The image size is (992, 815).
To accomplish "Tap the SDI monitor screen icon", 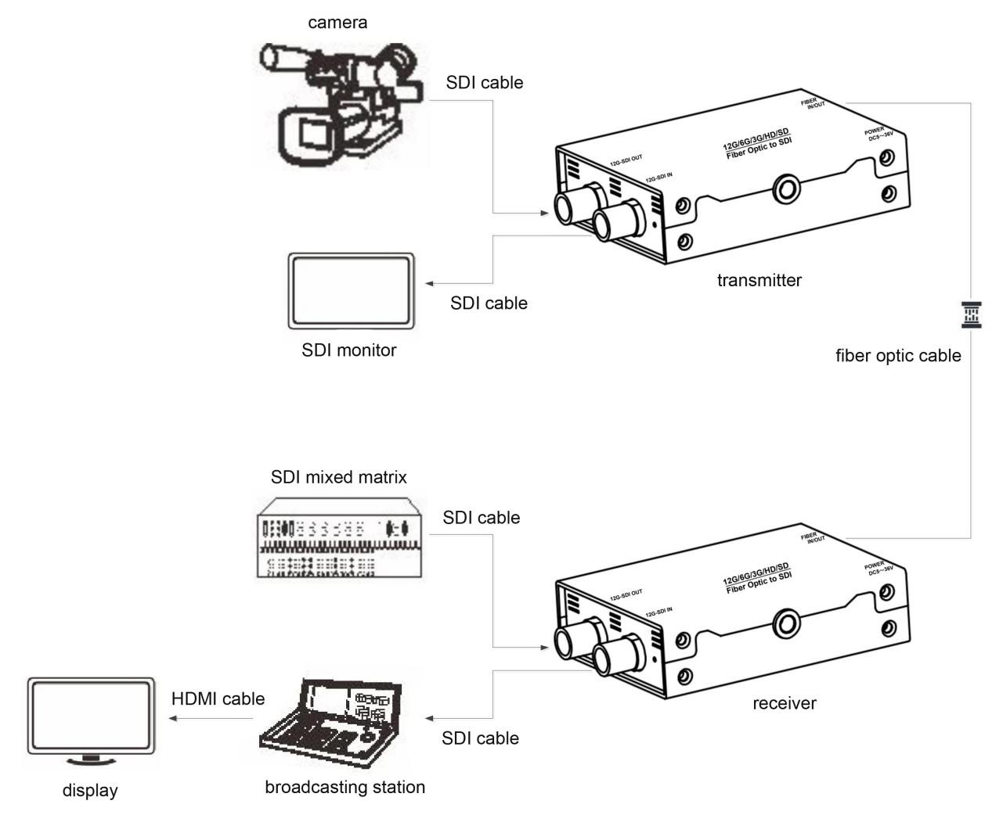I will coord(350,291).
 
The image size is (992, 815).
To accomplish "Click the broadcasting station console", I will coord(338,717).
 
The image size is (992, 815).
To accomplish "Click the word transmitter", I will coord(759,280).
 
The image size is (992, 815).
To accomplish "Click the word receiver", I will coord(784,703).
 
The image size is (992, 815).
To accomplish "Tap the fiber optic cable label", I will coord(898,356).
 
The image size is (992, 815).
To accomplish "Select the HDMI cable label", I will coord(218,698).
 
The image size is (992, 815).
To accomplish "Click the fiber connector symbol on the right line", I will coord(971,314).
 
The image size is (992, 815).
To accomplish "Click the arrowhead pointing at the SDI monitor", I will coord(430,283).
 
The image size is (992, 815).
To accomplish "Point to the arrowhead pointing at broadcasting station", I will coord(430,718).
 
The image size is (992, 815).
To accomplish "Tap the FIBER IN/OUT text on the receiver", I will coord(813,537).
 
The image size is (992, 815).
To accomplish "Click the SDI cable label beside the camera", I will coord(484,82).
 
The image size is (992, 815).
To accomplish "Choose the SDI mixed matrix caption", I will coord(338,477).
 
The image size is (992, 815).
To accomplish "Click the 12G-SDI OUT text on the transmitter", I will coord(626,160).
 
